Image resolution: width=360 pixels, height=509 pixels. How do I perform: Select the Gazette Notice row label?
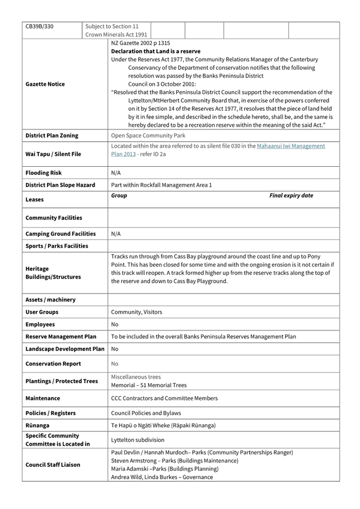pos(45,84)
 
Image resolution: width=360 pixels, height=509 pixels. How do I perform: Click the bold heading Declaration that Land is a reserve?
pos(156,51)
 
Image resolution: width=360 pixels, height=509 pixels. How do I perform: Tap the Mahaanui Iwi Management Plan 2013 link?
pos(291,146)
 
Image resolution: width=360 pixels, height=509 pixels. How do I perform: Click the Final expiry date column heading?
pos(291,196)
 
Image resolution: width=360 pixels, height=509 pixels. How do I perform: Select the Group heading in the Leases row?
pos(119,196)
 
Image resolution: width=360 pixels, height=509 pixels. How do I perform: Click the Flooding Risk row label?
pos(44,173)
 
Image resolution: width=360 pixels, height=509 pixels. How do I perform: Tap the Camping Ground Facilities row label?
pos(60,233)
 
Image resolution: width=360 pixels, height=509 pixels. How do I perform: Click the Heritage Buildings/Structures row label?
pos(53,273)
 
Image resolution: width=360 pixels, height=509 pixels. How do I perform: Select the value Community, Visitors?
pos(137,312)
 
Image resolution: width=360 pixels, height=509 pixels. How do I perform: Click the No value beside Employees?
pos(115,324)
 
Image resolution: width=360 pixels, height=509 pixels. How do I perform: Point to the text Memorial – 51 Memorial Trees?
pos(149,385)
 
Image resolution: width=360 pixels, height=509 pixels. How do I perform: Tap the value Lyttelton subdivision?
pos(138,440)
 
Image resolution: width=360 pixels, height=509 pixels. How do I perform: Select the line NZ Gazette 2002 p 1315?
pos(141,43)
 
